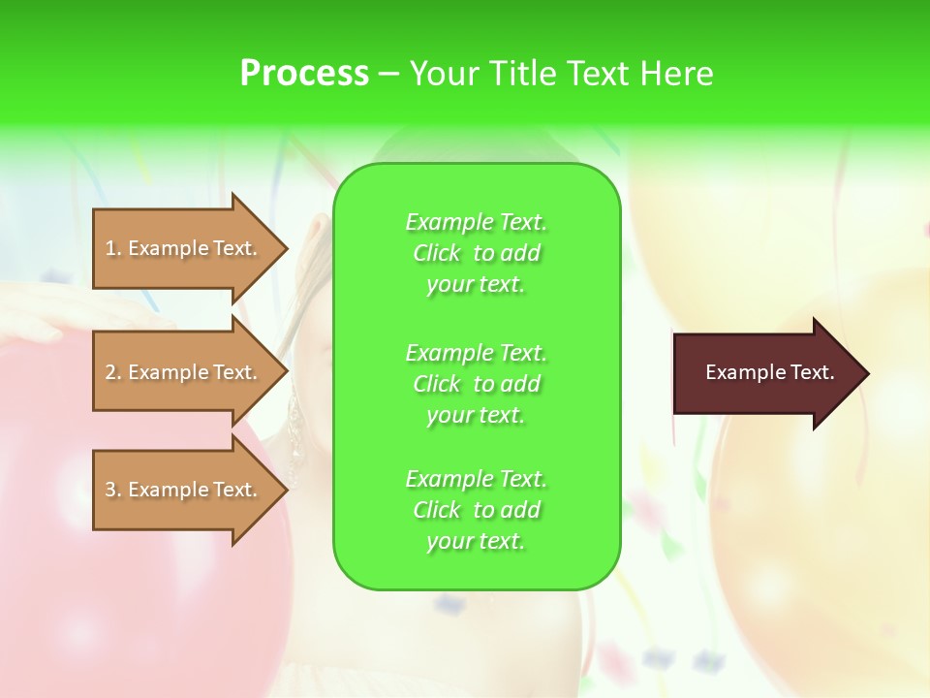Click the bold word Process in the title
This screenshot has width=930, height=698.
click(304, 74)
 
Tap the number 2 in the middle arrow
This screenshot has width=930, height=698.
click(111, 372)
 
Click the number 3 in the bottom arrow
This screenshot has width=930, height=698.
click(111, 490)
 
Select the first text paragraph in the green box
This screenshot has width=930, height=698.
click(476, 253)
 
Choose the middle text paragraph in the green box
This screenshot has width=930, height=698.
click(476, 384)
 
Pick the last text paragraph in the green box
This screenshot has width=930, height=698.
click(476, 510)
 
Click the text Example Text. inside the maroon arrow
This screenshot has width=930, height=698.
click(770, 372)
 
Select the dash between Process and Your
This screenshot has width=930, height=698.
click(388, 75)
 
